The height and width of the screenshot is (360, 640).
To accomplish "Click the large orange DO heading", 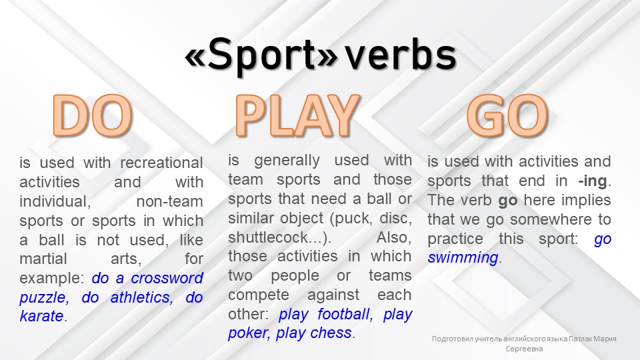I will (93, 116).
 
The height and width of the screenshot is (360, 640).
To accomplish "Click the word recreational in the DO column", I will (161, 163).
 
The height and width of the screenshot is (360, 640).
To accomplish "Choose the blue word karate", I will (41, 317).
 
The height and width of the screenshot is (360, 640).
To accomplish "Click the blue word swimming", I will (462, 258).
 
